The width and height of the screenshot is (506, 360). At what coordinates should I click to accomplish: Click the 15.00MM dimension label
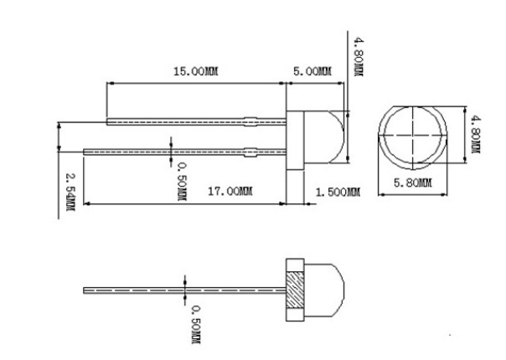195,72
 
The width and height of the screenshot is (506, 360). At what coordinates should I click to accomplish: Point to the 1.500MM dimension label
337,193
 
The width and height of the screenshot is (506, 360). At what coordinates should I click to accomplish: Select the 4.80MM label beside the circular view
475,135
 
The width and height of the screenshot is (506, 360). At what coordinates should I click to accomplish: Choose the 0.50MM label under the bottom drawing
195,323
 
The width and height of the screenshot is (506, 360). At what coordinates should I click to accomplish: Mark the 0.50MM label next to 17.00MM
181,182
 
